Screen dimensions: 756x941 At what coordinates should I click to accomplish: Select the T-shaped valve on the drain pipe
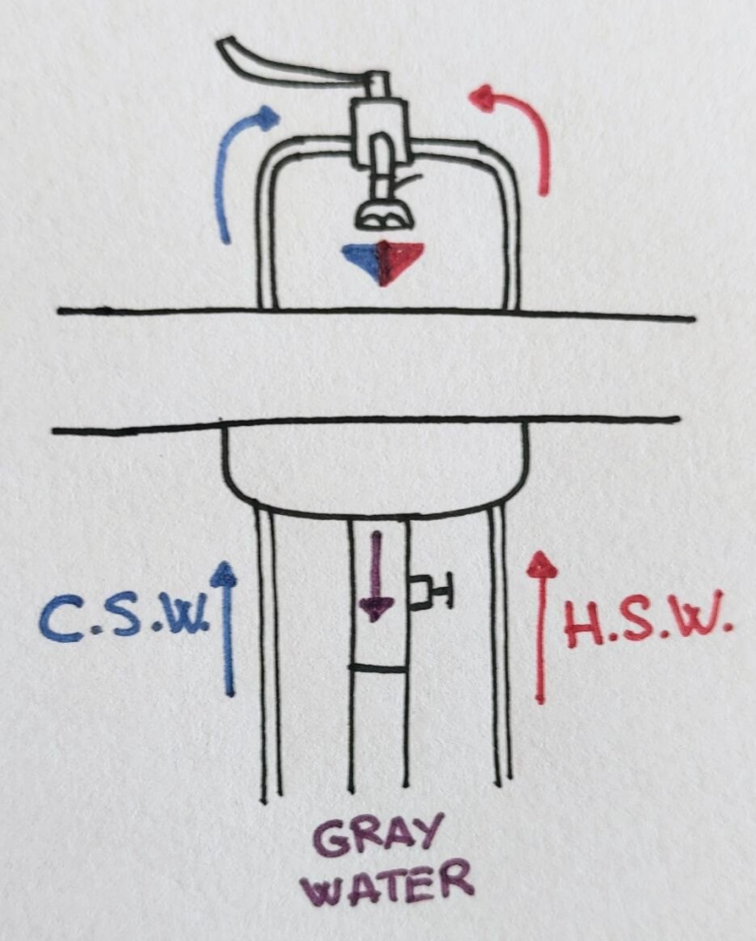(x=431, y=593)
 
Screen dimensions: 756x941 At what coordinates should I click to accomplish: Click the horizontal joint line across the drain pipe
(x=378, y=668)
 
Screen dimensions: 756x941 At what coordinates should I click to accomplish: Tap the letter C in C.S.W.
(x=60, y=620)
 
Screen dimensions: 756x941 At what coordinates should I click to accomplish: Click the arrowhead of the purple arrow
(x=376, y=608)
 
